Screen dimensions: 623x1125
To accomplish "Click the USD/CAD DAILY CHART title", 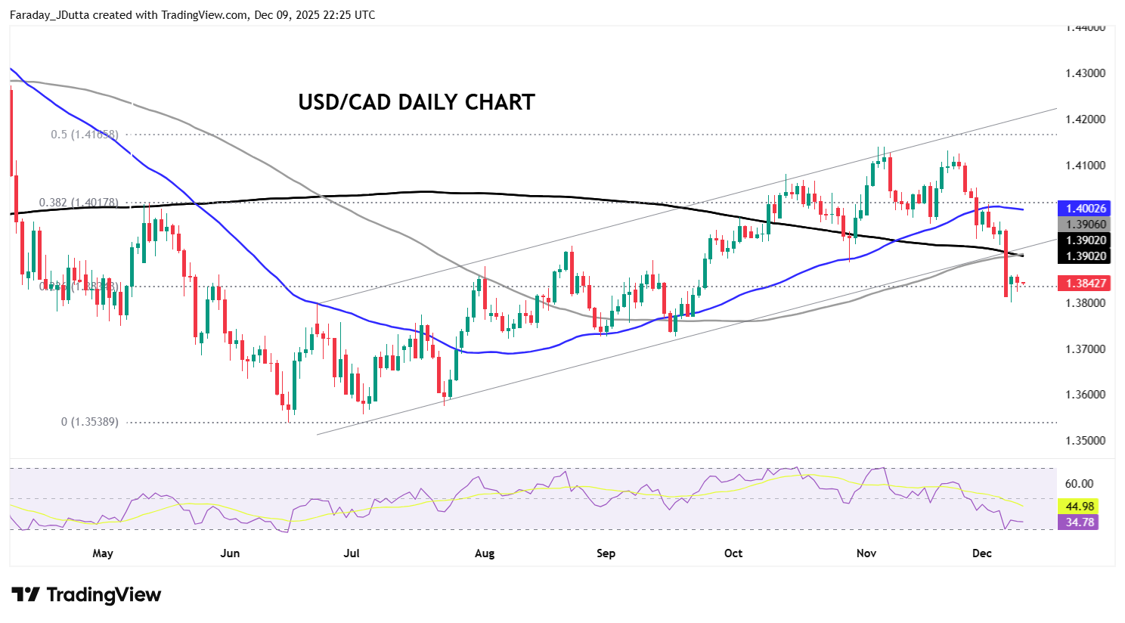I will (416, 102).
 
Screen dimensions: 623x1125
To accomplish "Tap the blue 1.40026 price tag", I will (1086, 209).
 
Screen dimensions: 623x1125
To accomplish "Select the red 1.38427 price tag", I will (1086, 284).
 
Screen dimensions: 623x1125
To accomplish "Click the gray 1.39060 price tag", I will (1086, 225).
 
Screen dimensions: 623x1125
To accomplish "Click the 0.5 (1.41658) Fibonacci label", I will (85, 135).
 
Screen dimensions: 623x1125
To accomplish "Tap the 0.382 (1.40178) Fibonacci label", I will (79, 203).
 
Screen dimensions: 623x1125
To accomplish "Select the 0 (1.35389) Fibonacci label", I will (90, 422).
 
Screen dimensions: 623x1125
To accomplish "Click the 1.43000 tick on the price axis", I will (1086, 73).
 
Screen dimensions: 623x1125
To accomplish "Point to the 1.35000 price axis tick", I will (1086, 441).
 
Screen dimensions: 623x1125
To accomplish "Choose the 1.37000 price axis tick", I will (1086, 349).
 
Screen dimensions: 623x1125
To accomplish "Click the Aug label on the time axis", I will (485, 553).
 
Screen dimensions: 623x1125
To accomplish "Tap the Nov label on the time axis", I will (866, 553).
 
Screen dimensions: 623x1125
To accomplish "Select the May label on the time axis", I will (103, 553).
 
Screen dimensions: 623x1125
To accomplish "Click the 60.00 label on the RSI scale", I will (1079, 484).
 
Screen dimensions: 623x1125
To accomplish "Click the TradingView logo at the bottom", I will (86, 595).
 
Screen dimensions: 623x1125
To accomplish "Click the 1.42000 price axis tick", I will (1086, 119).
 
